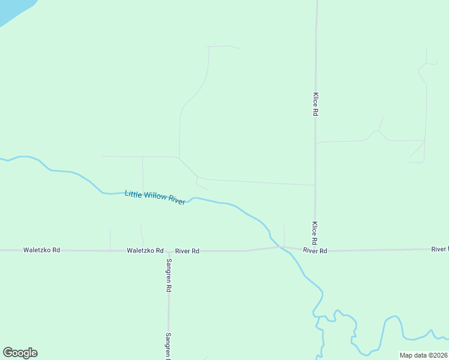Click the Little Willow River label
(x=155, y=197)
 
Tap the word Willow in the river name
(x=155, y=197)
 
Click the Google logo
(x=20, y=353)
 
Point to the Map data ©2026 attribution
(x=423, y=355)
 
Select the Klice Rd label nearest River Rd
(x=314, y=231)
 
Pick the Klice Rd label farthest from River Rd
(x=315, y=104)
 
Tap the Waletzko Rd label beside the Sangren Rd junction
(x=145, y=250)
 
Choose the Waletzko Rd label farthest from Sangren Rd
(x=41, y=250)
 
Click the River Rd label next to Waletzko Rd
(x=187, y=251)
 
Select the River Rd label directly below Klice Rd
(x=315, y=250)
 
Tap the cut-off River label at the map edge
(x=439, y=248)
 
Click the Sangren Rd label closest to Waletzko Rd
(x=169, y=274)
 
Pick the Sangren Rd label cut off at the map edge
(x=169, y=346)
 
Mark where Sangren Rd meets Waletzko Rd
(x=169, y=251)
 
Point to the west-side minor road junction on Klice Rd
(x=315, y=185)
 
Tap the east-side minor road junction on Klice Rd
(x=316, y=143)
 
